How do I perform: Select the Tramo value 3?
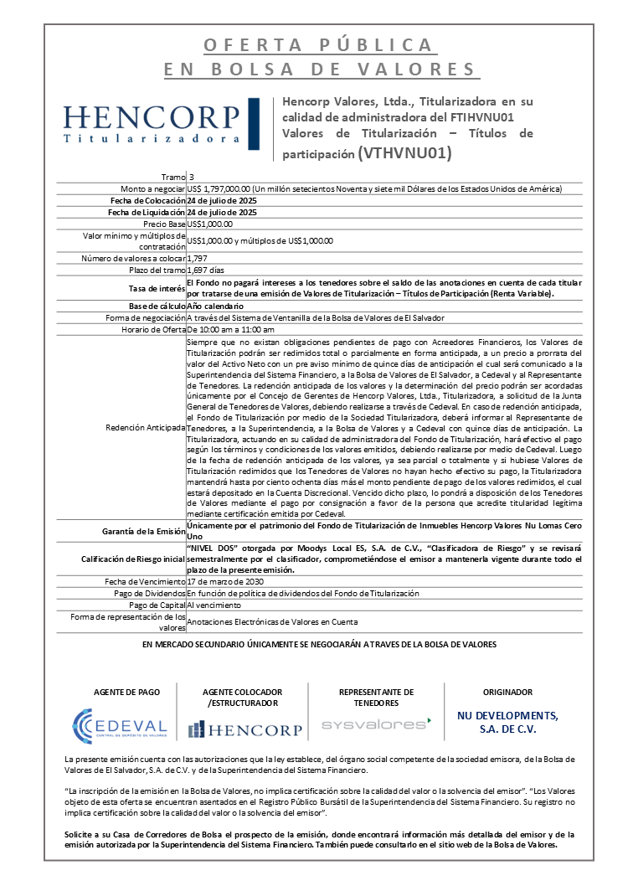click(x=191, y=177)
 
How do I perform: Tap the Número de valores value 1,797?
click(x=197, y=259)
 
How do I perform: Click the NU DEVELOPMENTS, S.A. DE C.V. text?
click(x=507, y=722)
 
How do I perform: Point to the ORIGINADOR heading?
click(x=507, y=693)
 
